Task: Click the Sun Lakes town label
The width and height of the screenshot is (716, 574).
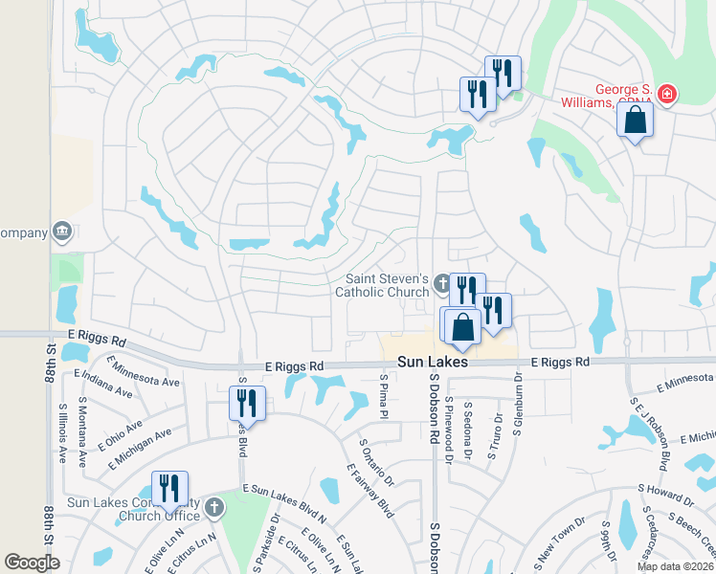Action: pyautogui.click(x=433, y=364)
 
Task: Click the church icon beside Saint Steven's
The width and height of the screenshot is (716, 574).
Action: pyautogui.click(x=442, y=282)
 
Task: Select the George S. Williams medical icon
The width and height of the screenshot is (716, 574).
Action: pyautogui.click(x=666, y=95)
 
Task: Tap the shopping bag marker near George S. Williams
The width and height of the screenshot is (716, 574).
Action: pyautogui.click(x=635, y=121)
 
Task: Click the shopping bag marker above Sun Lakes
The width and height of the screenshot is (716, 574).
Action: pyautogui.click(x=462, y=326)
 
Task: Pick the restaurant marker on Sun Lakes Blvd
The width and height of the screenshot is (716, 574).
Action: pyautogui.click(x=247, y=404)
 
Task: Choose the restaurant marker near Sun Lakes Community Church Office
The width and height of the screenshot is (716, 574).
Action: pyautogui.click(x=169, y=489)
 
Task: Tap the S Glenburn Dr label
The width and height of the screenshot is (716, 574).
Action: pyautogui.click(x=517, y=407)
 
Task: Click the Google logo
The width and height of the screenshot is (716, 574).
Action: pyautogui.click(x=33, y=563)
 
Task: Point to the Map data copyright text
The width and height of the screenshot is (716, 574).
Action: pyautogui.click(x=674, y=566)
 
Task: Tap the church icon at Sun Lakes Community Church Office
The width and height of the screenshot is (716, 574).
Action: pyautogui.click(x=214, y=506)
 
